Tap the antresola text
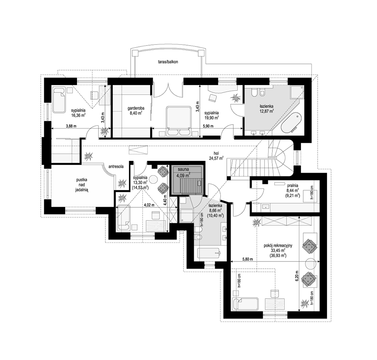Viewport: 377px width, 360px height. [116, 167]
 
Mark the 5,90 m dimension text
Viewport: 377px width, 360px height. [208, 126]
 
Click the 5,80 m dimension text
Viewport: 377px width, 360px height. [248, 259]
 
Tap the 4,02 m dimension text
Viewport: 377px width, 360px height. [149, 205]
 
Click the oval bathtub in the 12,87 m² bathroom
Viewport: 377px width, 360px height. [291, 123]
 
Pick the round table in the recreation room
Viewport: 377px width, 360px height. [311, 264]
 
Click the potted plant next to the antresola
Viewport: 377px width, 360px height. [122, 183]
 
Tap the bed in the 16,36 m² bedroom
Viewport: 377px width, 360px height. [59, 100]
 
